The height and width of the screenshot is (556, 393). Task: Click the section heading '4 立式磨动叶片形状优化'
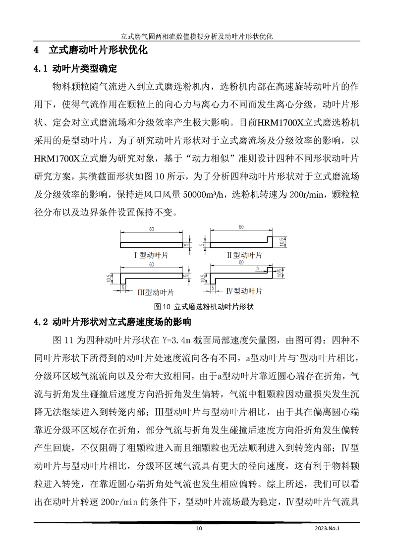tap(90, 51)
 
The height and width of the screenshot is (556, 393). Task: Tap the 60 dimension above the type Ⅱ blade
tap(241, 227)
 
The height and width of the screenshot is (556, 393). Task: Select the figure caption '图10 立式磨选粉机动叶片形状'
tap(197, 306)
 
